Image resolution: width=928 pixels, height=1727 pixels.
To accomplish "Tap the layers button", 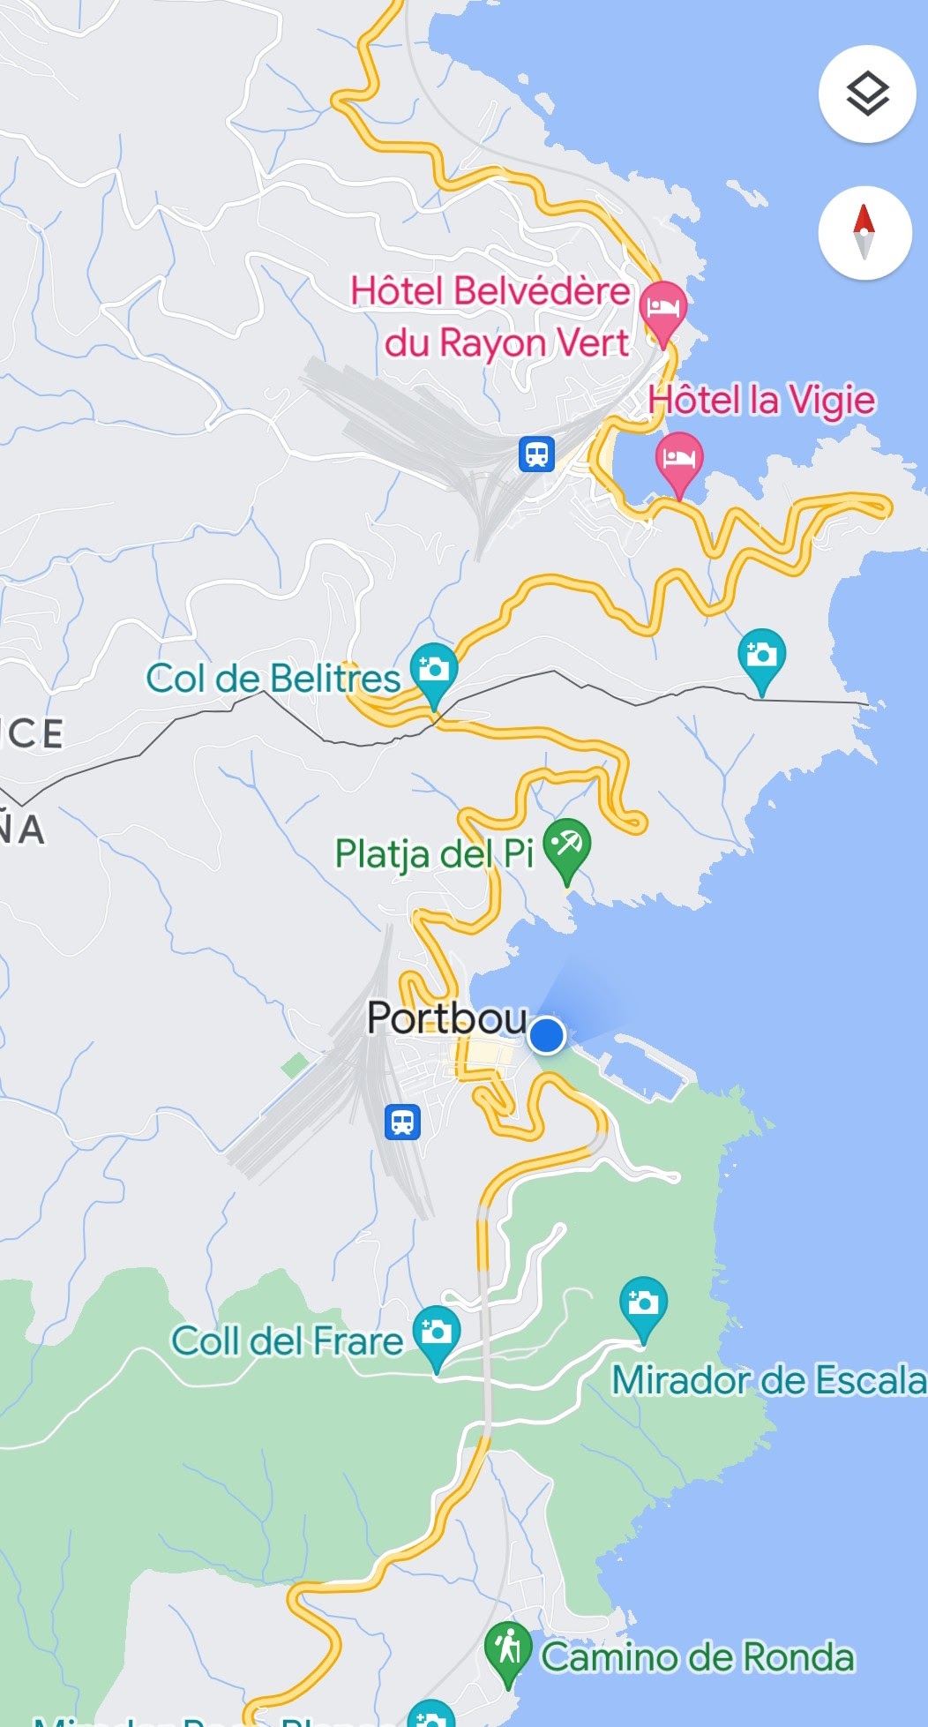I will [x=866, y=94].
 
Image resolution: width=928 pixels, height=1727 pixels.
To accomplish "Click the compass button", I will [x=864, y=233].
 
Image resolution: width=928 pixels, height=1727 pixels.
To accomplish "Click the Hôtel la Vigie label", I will [x=761, y=401].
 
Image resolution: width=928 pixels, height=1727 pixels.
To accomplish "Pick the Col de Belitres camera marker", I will [x=433, y=672].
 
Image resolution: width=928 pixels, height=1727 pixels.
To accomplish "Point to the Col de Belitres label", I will [x=273, y=679].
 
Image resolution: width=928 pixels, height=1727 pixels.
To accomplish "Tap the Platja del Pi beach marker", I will [x=566, y=847].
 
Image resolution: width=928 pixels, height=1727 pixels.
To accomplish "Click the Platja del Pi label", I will [x=434, y=854].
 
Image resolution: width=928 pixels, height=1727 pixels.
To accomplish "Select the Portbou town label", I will [x=446, y=1018].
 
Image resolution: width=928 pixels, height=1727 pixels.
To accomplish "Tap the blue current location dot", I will [x=547, y=1035].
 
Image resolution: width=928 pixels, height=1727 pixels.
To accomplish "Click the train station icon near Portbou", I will [x=402, y=1123].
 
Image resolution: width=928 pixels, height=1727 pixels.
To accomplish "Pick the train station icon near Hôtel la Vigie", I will [x=536, y=454].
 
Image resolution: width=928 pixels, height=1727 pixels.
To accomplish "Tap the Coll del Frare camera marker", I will [x=436, y=1333].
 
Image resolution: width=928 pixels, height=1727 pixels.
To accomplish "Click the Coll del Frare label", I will [x=287, y=1341].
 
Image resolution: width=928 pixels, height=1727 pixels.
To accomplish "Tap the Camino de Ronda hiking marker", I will [x=508, y=1648].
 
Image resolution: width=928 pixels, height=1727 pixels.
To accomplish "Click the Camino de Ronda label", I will [x=697, y=1657].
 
